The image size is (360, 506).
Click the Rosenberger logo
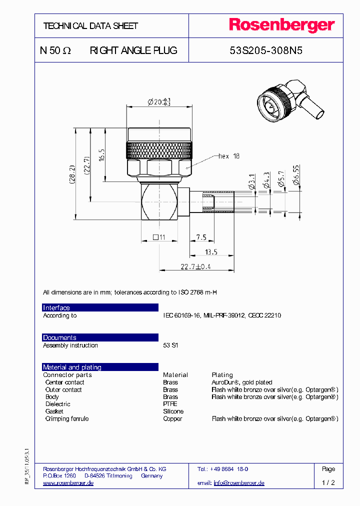tap(282, 25)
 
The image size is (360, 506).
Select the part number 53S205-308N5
tap(265, 50)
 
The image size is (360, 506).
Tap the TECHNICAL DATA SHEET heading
tap(90, 26)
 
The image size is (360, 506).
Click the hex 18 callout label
tap(228, 156)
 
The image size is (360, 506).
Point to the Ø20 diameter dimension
tap(159, 102)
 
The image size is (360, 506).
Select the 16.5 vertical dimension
tap(101, 155)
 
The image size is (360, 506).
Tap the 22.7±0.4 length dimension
tap(195, 267)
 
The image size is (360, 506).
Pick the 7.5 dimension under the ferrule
tap(201, 237)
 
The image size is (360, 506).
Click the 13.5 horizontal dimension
tap(212, 251)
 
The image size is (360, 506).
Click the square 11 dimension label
tap(158, 237)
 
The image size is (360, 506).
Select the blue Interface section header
tap(100, 307)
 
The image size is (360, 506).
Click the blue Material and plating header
tap(100, 367)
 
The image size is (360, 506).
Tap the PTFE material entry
tap(170, 404)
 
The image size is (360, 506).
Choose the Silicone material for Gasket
tap(173, 411)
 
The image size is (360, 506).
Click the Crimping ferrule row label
tap(67, 418)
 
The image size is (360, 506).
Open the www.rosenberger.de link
tap(68, 483)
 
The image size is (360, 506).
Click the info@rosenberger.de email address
tap(239, 483)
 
